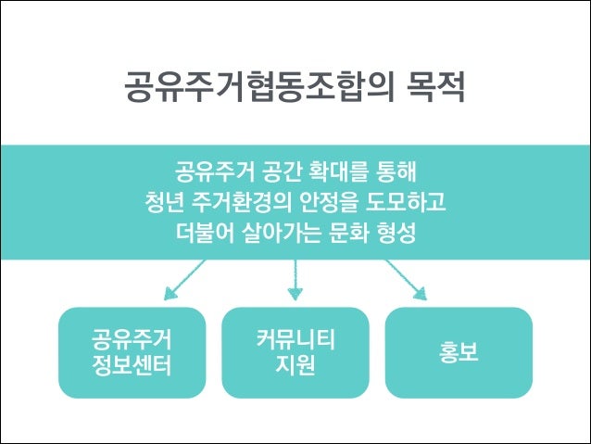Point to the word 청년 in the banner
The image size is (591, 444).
point(163,201)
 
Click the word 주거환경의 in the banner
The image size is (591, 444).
point(245,201)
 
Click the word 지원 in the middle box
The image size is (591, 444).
point(295,365)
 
